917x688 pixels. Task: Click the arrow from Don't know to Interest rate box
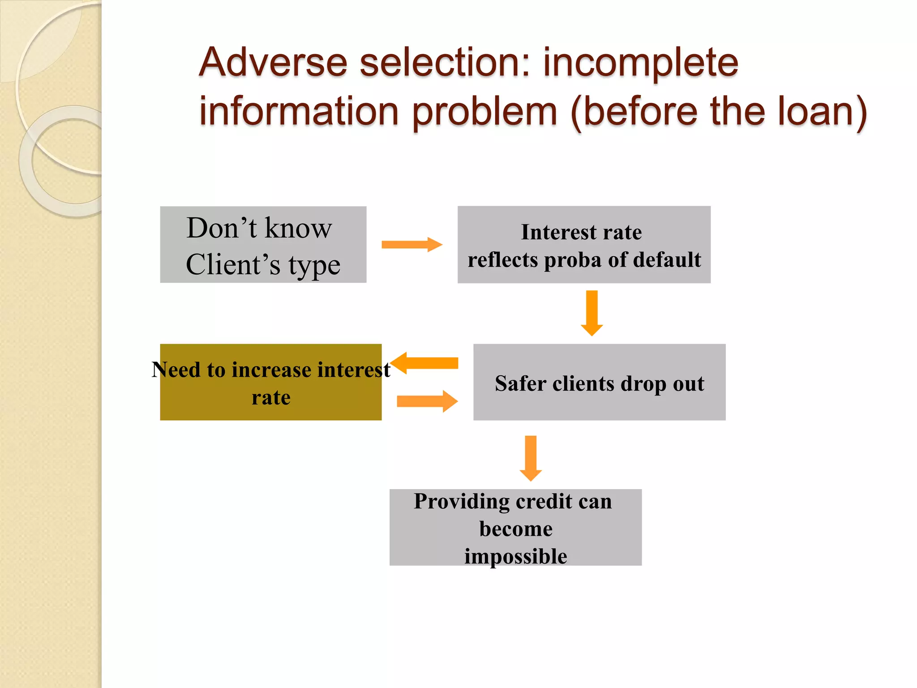(x=411, y=245)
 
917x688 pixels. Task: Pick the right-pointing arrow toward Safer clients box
(x=427, y=401)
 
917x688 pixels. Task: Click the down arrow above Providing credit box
(x=531, y=458)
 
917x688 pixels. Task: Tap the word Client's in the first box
(x=233, y=264)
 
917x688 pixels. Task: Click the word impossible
(x=515, y=556)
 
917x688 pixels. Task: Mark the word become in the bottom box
(x=516, y=529)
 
